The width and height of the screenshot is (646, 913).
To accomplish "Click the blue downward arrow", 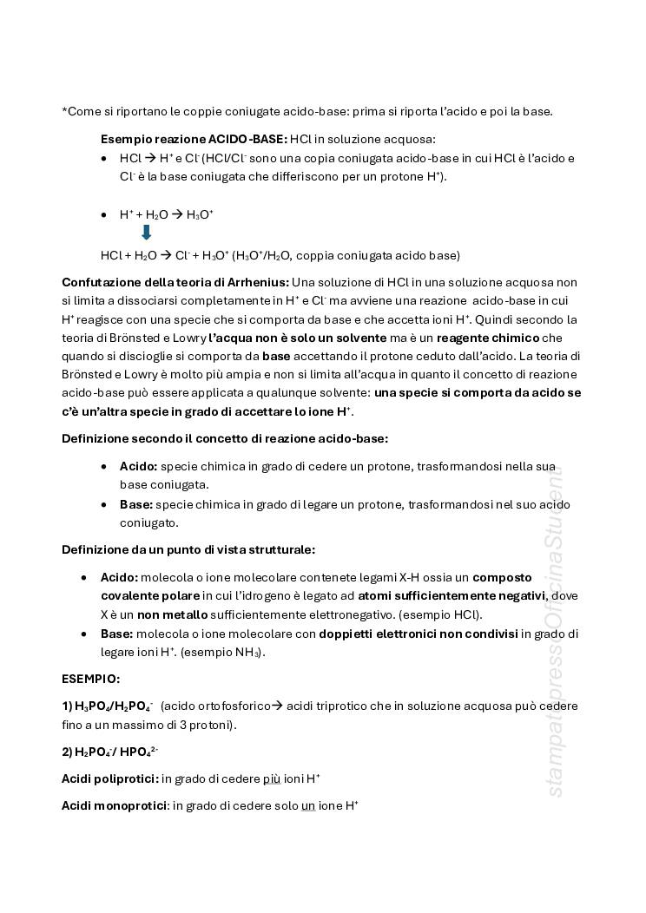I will [146, 233].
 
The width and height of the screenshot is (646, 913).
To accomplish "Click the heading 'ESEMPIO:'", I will [91, 678].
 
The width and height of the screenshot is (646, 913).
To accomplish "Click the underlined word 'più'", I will [271, 778].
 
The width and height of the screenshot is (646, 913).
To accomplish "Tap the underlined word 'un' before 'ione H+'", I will [307, 806].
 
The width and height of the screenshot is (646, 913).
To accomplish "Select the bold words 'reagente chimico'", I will [488, 338].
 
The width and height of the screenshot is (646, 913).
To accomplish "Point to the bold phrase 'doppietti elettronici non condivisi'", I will [419, 634].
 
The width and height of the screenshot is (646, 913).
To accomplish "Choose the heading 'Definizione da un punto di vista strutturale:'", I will [188, 549].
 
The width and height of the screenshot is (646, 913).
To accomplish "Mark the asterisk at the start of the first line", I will [64, 111].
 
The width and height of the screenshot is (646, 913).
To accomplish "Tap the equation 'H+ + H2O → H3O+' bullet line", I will [167, 214].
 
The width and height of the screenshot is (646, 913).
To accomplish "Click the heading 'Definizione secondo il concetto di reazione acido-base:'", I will [225, 438].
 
